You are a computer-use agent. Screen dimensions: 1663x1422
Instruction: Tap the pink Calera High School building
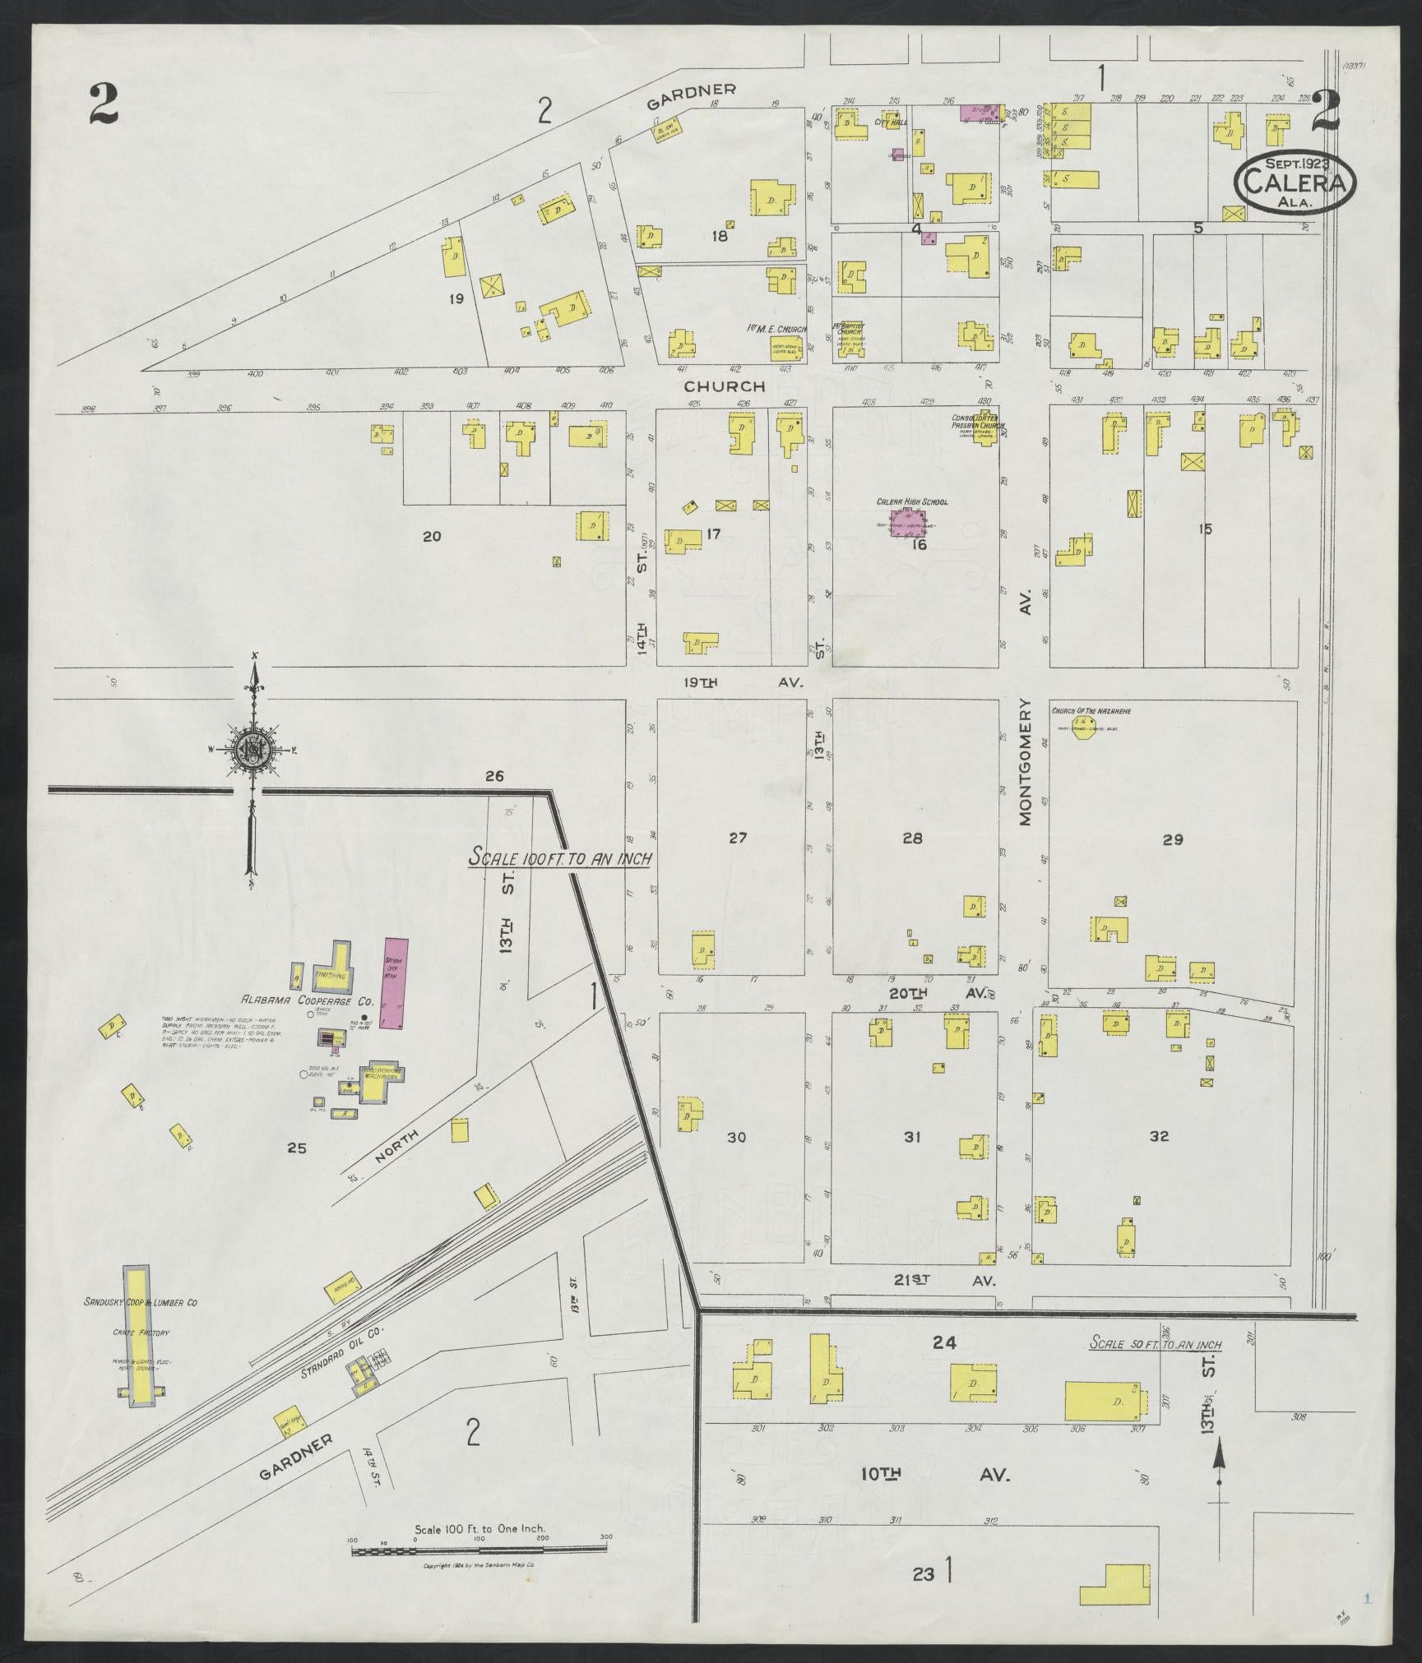tap(905, 521)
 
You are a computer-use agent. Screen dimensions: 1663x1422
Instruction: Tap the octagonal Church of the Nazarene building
tap(1085, 729)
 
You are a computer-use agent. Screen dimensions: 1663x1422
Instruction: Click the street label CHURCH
tap(725, 386)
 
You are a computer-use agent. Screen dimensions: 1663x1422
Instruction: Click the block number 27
tap(737, 838)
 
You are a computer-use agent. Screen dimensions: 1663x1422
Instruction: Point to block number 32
tap(1159, 1136)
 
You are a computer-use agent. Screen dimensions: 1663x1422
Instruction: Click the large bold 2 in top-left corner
tap(106, 104)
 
